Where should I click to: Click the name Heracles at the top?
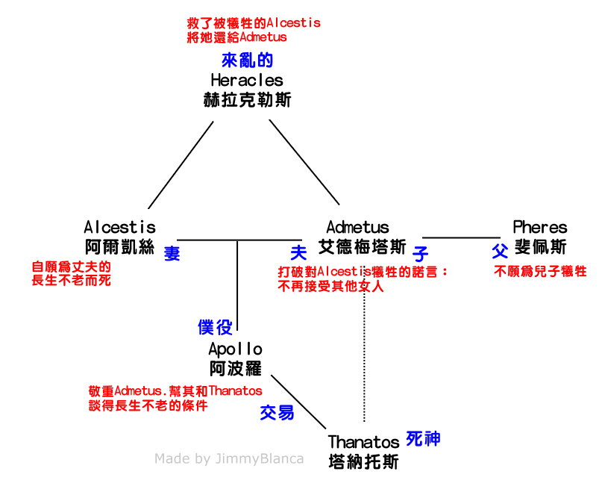[247, 80]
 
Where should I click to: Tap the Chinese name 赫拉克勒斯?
[247, 99]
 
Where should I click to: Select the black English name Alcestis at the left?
[120, 227]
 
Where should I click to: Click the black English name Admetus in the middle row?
[357, 227]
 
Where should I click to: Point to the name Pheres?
[540, 227]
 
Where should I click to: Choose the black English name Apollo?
[235, 349]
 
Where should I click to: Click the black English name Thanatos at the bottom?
[363, 443]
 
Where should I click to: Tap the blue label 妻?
[172, 253]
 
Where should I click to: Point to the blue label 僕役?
[216, 326]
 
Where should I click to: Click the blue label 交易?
[277, 412]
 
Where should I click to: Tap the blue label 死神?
[423, 438]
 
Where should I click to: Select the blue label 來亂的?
[247, 60]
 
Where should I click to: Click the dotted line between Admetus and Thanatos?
[363, 358]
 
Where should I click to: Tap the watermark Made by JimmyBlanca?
[229, 458]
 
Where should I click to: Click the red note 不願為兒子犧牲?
[540, 272]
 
